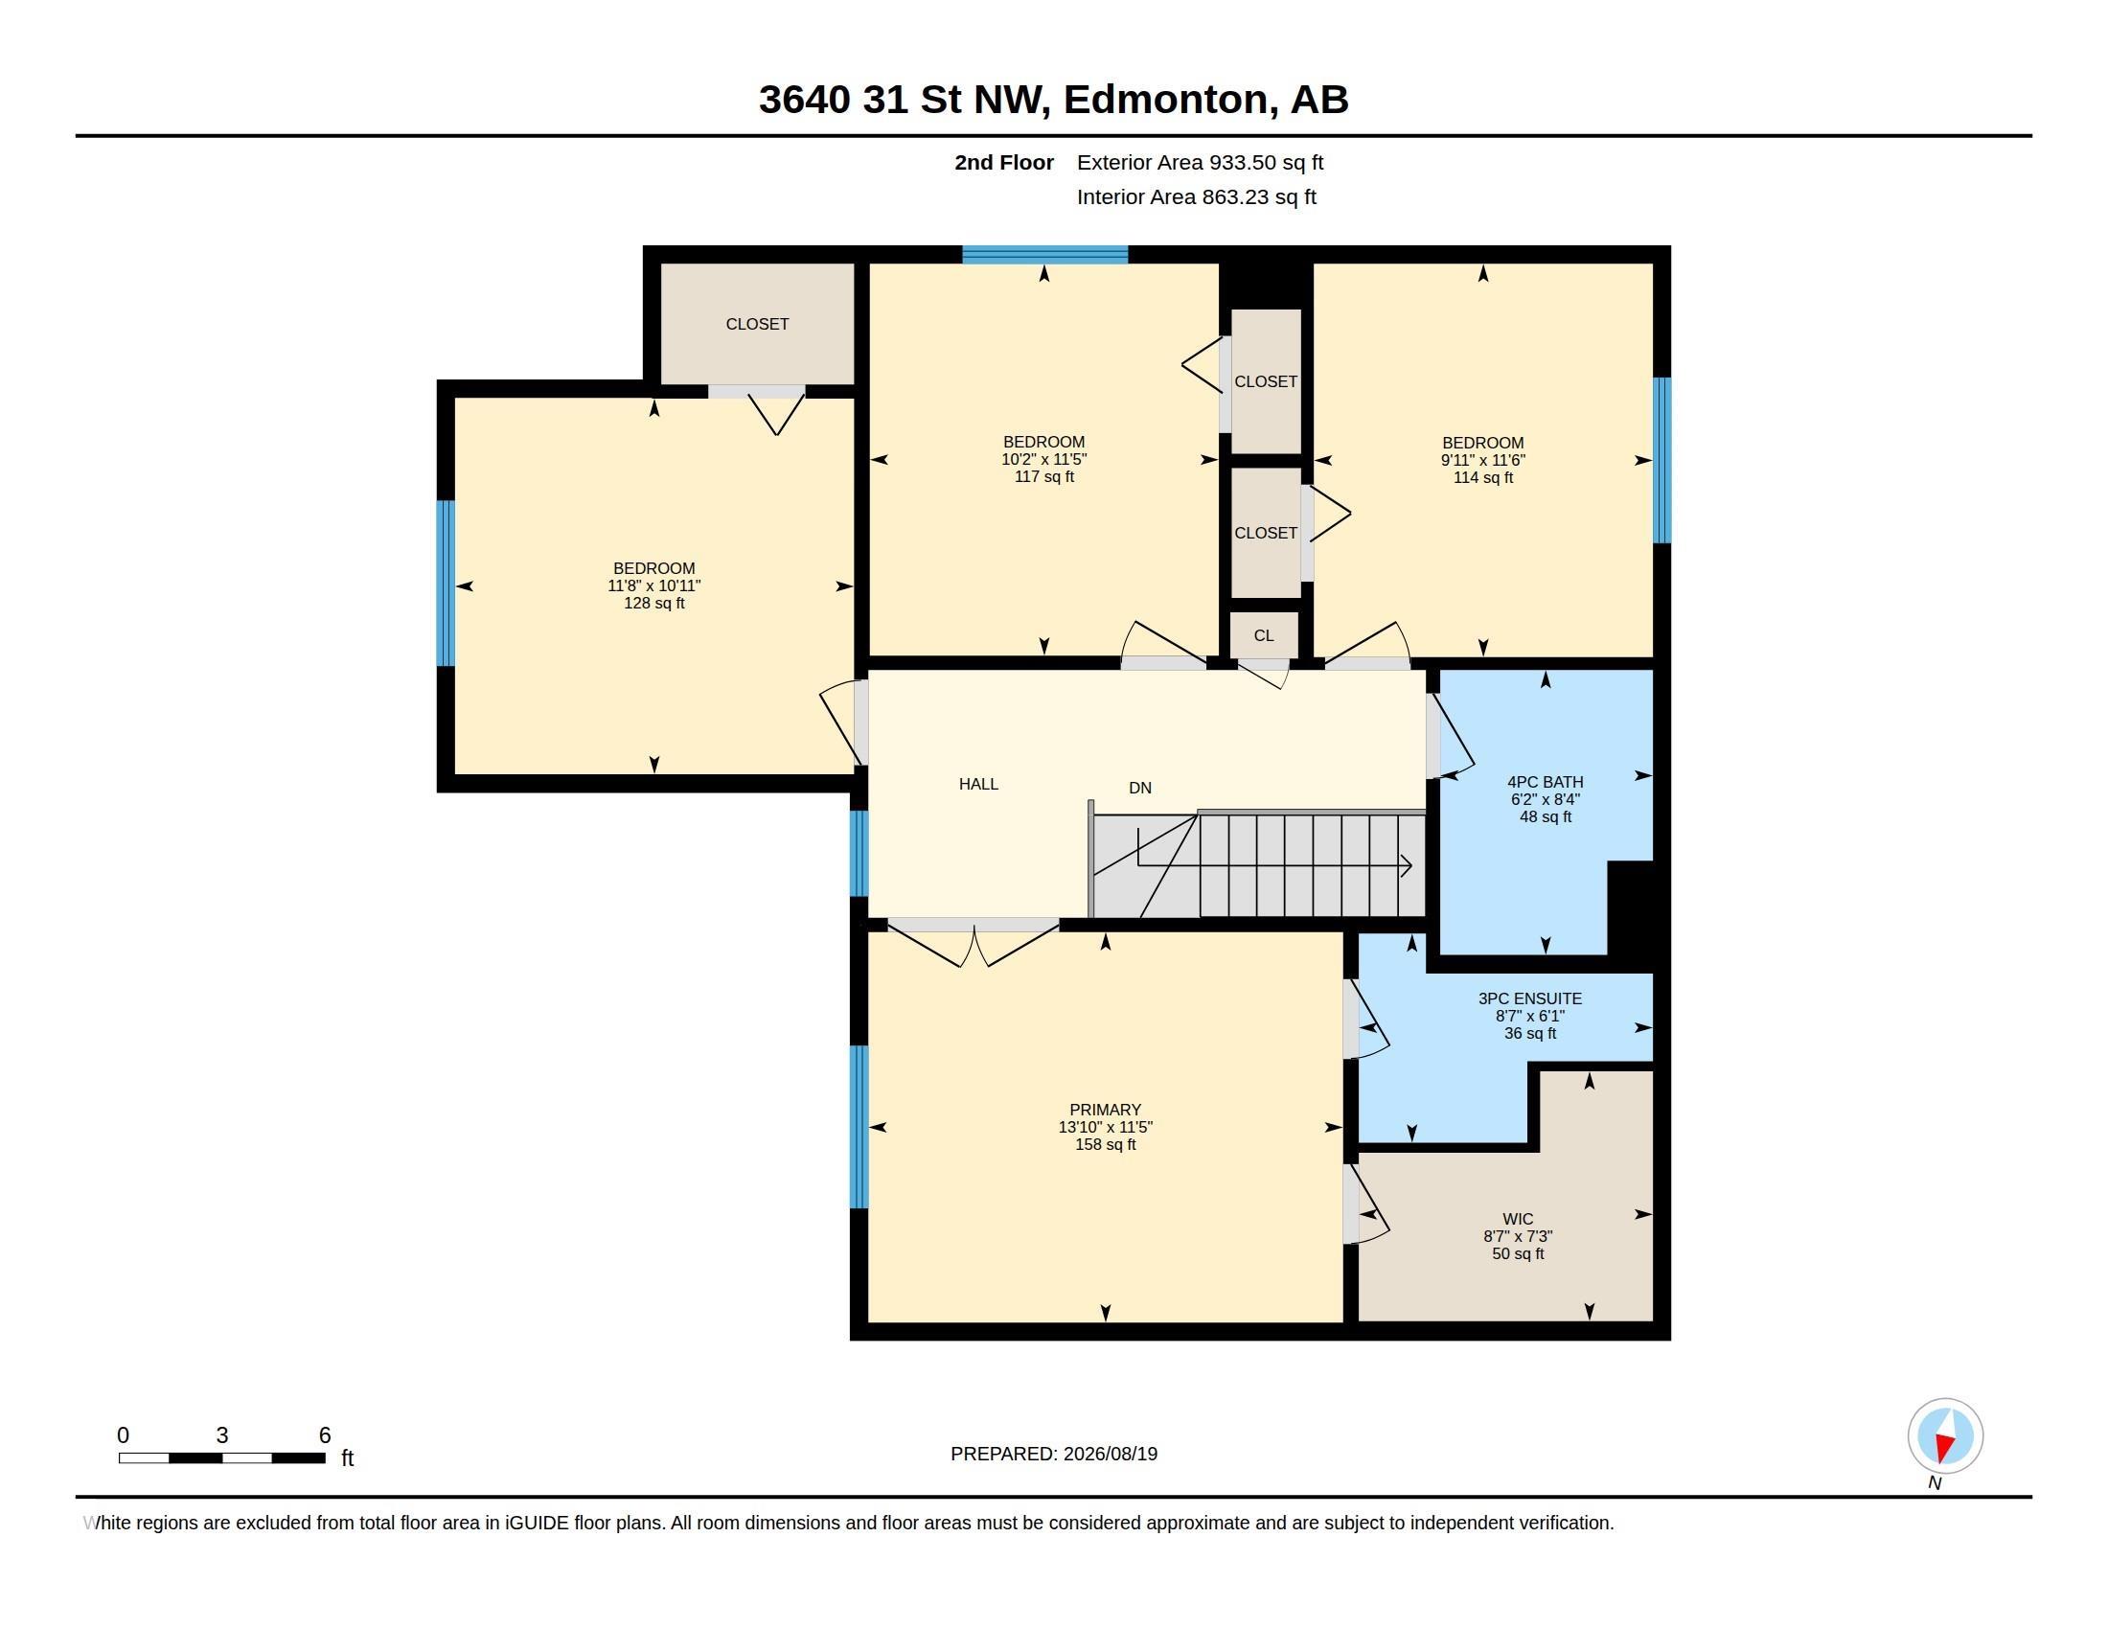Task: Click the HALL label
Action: (x=977, y=784)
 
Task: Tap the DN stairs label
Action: (x=1140, y=788)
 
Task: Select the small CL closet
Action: (x=1264, y=635)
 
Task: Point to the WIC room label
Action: (x=1518, y=1219)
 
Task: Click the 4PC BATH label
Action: (x=1546, y=782)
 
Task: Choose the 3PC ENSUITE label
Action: (x=1530, y=998)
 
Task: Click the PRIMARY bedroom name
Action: (x=1105, y=1110)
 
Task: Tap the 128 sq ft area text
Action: (x=654, y=603)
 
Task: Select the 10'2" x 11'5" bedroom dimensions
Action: (x=1044, y=459)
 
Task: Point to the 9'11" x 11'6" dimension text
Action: (x=1482, y=460)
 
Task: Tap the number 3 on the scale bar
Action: (x=222, y=1435)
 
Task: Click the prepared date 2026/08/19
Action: (x=1110, y=1454)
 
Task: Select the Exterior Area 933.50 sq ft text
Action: (x=1200, y=162)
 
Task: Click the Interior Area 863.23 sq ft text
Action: (x=1196, y=196)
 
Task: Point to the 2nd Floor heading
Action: (x=1004, y=162)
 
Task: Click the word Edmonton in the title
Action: (x=1165, y=99)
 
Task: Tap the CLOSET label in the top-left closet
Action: (x=757, y=324)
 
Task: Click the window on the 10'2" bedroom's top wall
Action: (x=1045, y=255)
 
